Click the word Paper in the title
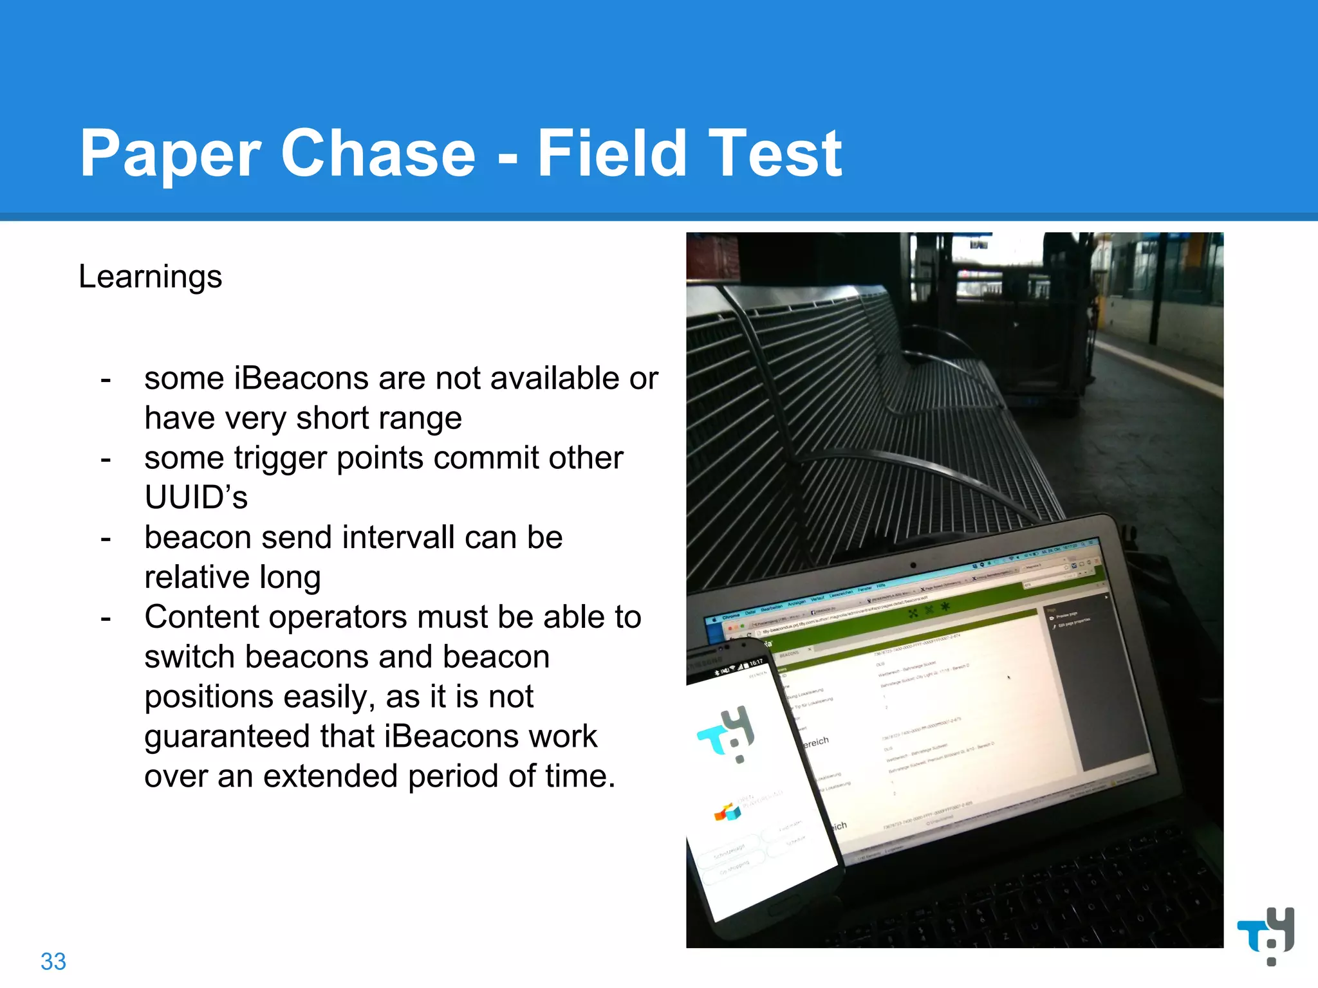(x=170, y=154)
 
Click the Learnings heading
(x=150, y=277)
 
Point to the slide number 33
(x=53, y=962)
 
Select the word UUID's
(x=196, y=497)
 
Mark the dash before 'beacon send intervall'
(x=106, y=538)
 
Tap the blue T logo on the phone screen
(x=727, y=733)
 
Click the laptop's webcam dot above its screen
(x=913, y=565)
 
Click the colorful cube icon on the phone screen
(x=728, y=812)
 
